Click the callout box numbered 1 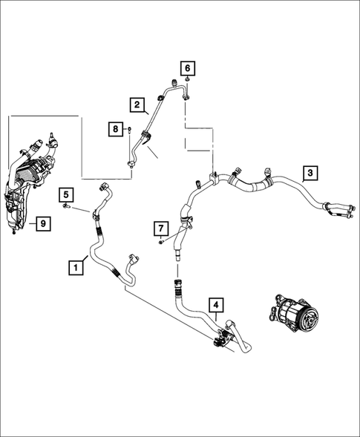(76, 268)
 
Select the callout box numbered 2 (137, 105)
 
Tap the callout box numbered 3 (310, 173)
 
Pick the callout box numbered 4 (216, 305)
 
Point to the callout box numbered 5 (66, 194)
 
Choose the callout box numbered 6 (188, 68)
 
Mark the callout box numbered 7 (161, 229)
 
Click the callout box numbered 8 (116, 129)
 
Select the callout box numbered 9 (43, 223)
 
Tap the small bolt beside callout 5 (66, 206)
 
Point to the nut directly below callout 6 (188, 80)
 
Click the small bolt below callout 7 (161, 242)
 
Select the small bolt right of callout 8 (129, 129)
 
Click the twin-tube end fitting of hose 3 (340, 211)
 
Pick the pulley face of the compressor (310, 320)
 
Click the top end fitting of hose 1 (105, 186)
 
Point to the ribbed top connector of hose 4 (177, 287)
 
